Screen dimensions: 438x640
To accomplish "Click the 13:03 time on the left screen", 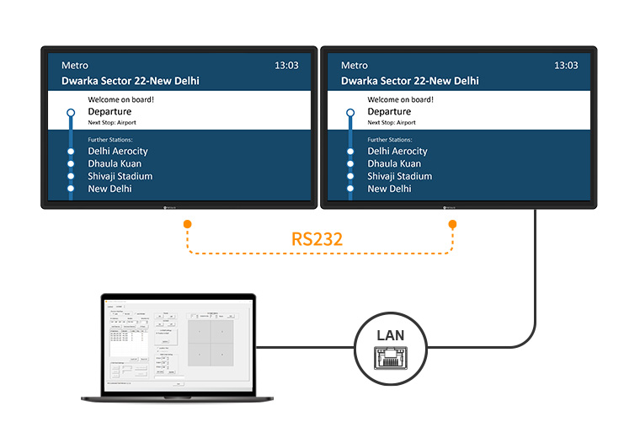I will (x=286, y=65).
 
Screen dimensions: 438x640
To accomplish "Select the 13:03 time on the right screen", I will (x=566, y=65).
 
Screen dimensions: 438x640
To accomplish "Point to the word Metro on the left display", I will (x=75, y=65).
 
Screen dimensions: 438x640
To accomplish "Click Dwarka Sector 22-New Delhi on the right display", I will (x=410, y=81).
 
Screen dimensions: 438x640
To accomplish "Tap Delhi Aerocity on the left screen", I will (x=118, y=151).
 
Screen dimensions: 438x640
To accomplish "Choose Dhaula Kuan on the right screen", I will (x=394, y=163).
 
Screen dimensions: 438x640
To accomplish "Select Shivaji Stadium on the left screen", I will (x=120, y=176).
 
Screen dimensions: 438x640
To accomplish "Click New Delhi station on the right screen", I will (x=389, y=189).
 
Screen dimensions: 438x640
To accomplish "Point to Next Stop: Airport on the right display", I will (x=393, y=123).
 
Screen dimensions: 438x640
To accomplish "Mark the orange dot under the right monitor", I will (x=453, y=224).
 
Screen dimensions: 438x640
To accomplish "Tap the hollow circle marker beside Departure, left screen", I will (x=71, y=111).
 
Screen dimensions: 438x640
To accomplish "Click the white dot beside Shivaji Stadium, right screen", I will (x=350, y=176).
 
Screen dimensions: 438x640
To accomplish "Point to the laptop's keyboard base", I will (x=178, y=398).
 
